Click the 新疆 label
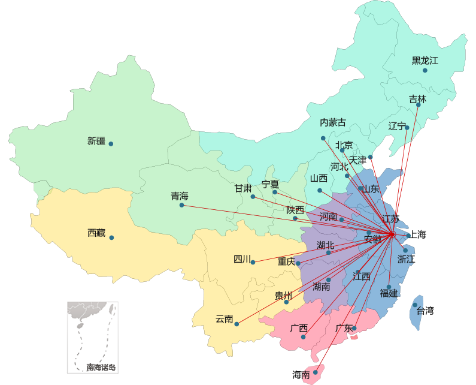(x=96, y=142)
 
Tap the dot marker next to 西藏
(x=111, y=237)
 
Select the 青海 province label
(x=179, y=196)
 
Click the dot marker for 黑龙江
(x=425, y=71)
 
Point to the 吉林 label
(x=417, y=99)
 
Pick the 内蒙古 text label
(x=332, y=122)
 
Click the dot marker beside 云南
(x=237, y=324)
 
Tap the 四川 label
(x=242, y=259)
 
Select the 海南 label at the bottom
(x=301, y=375)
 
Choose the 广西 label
(x=298, y=328)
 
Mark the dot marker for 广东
(x=354, y=328)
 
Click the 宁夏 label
(x=270, y=184)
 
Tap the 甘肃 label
(x=242, y=188)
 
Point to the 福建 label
(x=389, y=293)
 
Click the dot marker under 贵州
(x=286, y=302)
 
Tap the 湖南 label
(x=321, y=287)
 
